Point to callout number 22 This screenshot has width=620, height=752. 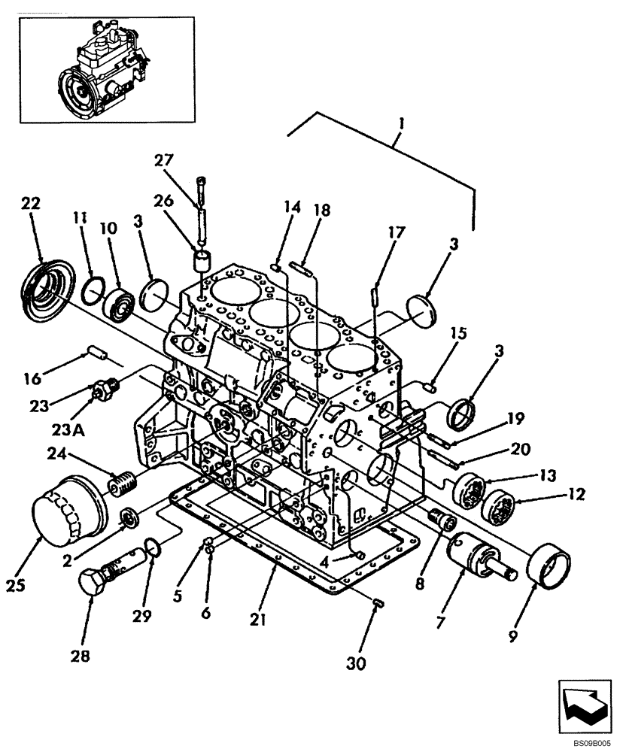coord(31,204)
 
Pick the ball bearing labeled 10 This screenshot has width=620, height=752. coord(119,302)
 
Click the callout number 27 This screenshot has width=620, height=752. coord(165,160)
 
